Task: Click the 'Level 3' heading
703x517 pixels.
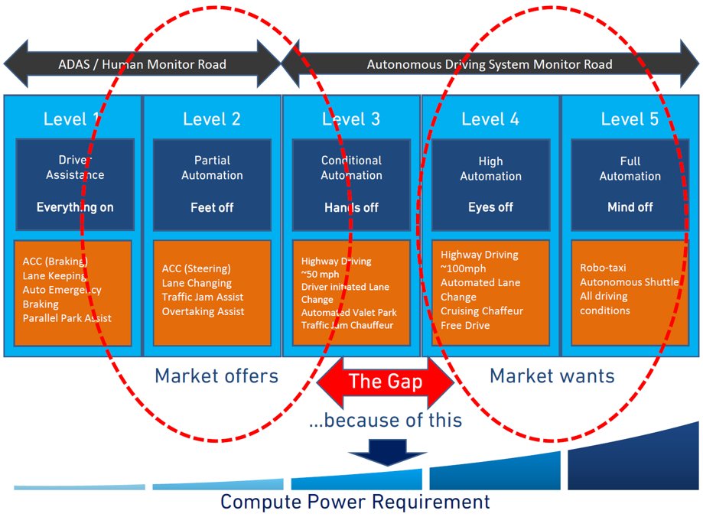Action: click(x=351, y=119)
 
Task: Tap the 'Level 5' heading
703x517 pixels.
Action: click(x=630, y=119)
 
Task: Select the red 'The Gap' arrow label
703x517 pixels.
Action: click(x=386, y=382)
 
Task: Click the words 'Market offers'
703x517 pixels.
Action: click(x=216, y=376)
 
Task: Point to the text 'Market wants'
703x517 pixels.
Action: click(x=552, y=376)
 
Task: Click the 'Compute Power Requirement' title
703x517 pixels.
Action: click(x=355, y=502)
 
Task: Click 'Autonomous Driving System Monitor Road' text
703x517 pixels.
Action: click(x=490, y=64)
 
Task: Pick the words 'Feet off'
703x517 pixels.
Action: click(x=212, y=207)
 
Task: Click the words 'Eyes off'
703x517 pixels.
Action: click(x=490, y=207)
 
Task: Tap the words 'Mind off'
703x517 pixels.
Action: click(x=630, y=207)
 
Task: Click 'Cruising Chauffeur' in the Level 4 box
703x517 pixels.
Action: click(x=482, y=311)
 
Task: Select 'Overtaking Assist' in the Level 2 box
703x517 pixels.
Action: click(x=203, y=311)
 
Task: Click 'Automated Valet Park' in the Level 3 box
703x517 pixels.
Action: click(x=349, y=312)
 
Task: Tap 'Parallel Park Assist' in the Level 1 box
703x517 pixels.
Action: click(x=67, y=317)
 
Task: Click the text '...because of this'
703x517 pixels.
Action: click(x=386, y=420)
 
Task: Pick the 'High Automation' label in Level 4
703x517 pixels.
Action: click(x=490, y=168)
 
